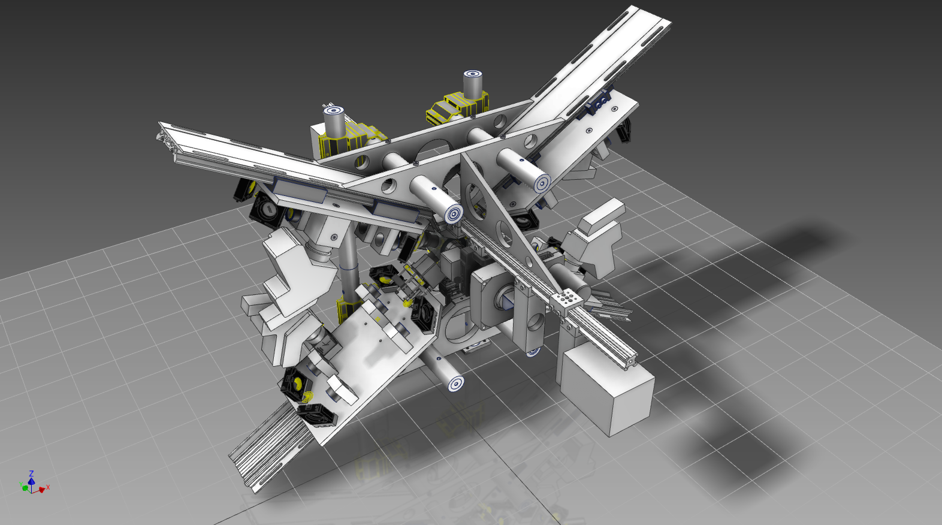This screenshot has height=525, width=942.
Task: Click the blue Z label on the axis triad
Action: tap(31, 473)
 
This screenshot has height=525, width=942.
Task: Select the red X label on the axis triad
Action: tap(48, 487)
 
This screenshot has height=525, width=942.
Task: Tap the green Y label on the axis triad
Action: tap(20, 485)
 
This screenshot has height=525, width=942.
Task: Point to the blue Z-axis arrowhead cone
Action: tap(31, 481)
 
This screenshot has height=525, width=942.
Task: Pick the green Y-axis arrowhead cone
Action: tap(25, 488)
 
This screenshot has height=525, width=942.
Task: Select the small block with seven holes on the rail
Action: tap(566, 300)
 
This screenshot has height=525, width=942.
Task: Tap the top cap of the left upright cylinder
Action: tap(334, 111)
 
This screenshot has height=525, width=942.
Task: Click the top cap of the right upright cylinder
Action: tap(473, 75)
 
